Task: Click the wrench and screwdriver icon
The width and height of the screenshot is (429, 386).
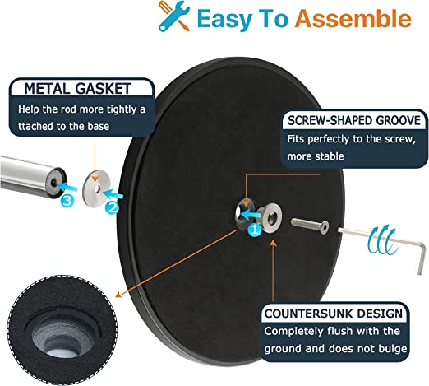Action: click(173, 16)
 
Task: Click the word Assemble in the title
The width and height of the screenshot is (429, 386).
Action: click(353, 19)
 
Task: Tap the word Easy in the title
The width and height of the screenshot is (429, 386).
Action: click(224, 19)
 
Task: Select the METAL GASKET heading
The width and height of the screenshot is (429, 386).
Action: click(78, 89)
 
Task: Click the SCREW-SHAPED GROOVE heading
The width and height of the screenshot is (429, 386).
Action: click(354, 120)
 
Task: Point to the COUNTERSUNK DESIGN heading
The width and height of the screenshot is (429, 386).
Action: click(334, 314)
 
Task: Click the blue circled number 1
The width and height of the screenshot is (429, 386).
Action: click(255, 229)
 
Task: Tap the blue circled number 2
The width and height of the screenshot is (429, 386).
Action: click(113, 207)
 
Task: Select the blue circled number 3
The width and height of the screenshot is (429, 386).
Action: click(67, 201)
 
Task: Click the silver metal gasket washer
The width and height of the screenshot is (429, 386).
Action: click(96, 188)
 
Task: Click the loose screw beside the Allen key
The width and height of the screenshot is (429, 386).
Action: click(310, 226)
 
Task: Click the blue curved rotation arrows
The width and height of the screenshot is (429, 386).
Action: click(381, 240)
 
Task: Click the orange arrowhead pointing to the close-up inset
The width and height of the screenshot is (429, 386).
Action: click(119, 294)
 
